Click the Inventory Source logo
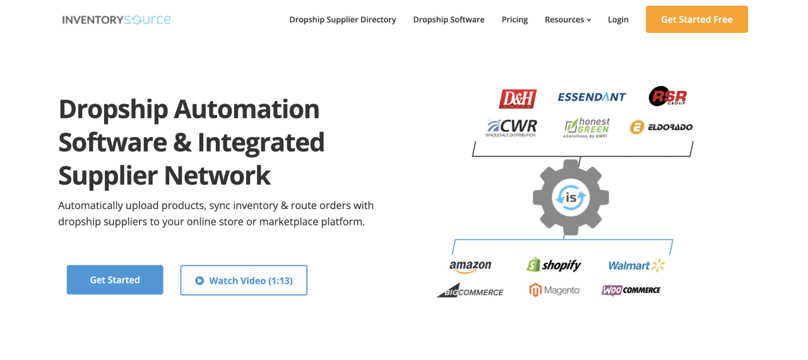pyautogui.click(x=117, y=20)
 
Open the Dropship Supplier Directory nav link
pyautogui.click(x=343, y=20)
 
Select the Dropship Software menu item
pyautogui.click(x=449, y=20)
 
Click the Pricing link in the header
pyautogui.click(x=514, y=20)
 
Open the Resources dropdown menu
pyautogui.click(x=567, y=20)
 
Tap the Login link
pyautogui.click(x=618, y=20)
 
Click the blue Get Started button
pyautogui.click(x=115, y=280)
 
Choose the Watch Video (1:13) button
pyautogui.click(x=244, y=280)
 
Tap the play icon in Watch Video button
pyautogui.click(x=199, y=280)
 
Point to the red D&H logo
pyautogui.click(x=518, y=99)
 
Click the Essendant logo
pyautogui.click(x=592, y=97)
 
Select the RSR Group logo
pyautogui.click(x=667, y=97)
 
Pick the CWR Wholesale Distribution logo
pyautogui.click(x=512, y=127)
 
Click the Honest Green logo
pyautogui.click(x=587, y=127)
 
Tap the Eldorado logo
pyautogui.click(x=661, y=127)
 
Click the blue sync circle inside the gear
pyautogui.click(x=571, y=198)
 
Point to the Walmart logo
pyautogui.click(x=636, y=266)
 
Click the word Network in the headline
pyautogui.click(x=217, y=175)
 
